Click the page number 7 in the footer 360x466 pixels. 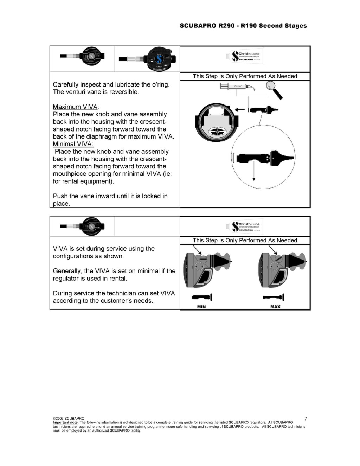306,419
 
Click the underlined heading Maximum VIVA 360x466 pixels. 75,107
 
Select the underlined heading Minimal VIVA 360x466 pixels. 73,144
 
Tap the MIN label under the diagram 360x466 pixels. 201,307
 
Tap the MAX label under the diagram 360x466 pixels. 275,307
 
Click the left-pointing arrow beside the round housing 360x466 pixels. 240,110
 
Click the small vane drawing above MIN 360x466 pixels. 202,298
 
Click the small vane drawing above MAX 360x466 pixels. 274,298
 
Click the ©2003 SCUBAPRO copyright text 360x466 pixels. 69,419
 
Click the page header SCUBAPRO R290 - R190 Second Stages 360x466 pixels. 243,26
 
